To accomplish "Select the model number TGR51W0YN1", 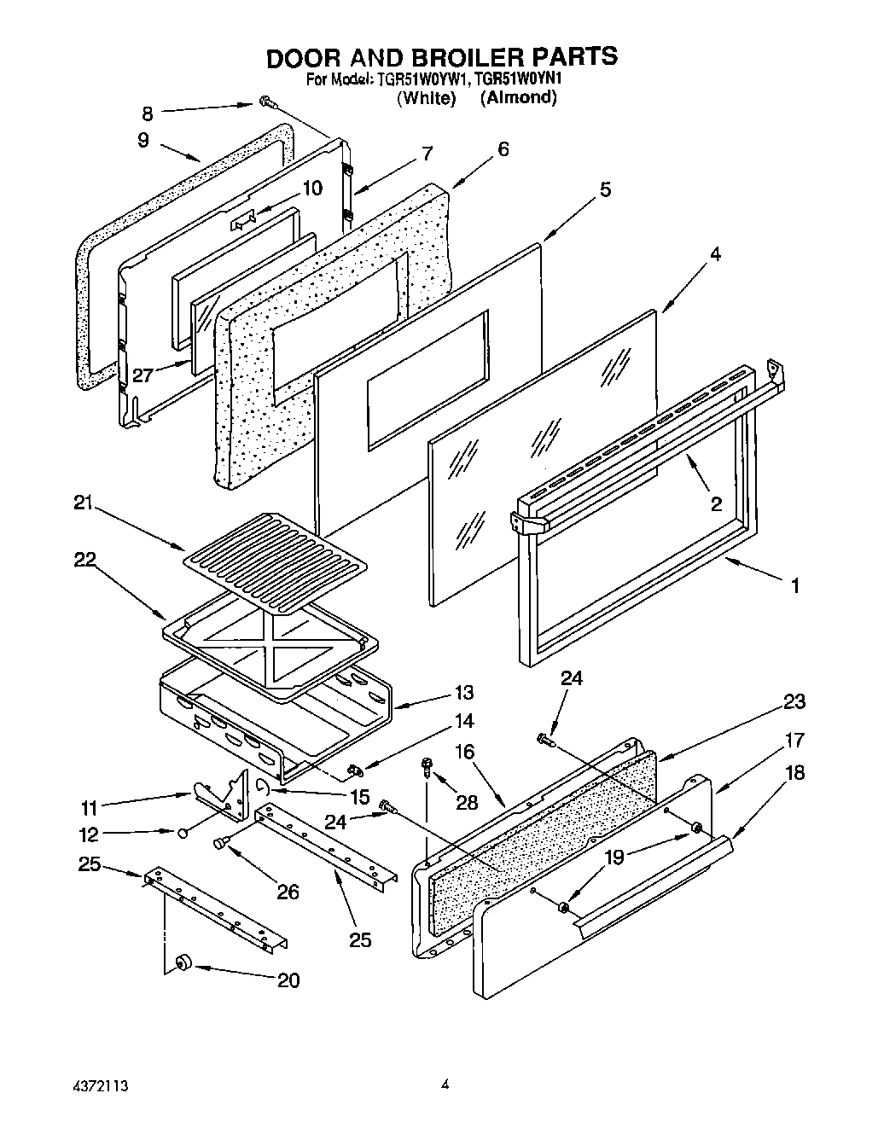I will pos(521,79).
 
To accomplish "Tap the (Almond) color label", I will pos(518,97).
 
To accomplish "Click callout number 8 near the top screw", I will pos(148,112).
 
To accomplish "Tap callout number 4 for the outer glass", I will pos(715,254).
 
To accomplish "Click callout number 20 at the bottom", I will pos(288,980).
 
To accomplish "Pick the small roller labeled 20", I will pos(182,962).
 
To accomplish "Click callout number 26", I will pos(288,892).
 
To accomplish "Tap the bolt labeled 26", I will pos(221,843).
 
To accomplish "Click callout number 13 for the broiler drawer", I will pos(464,693).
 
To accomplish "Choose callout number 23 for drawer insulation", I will pos(794,701).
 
